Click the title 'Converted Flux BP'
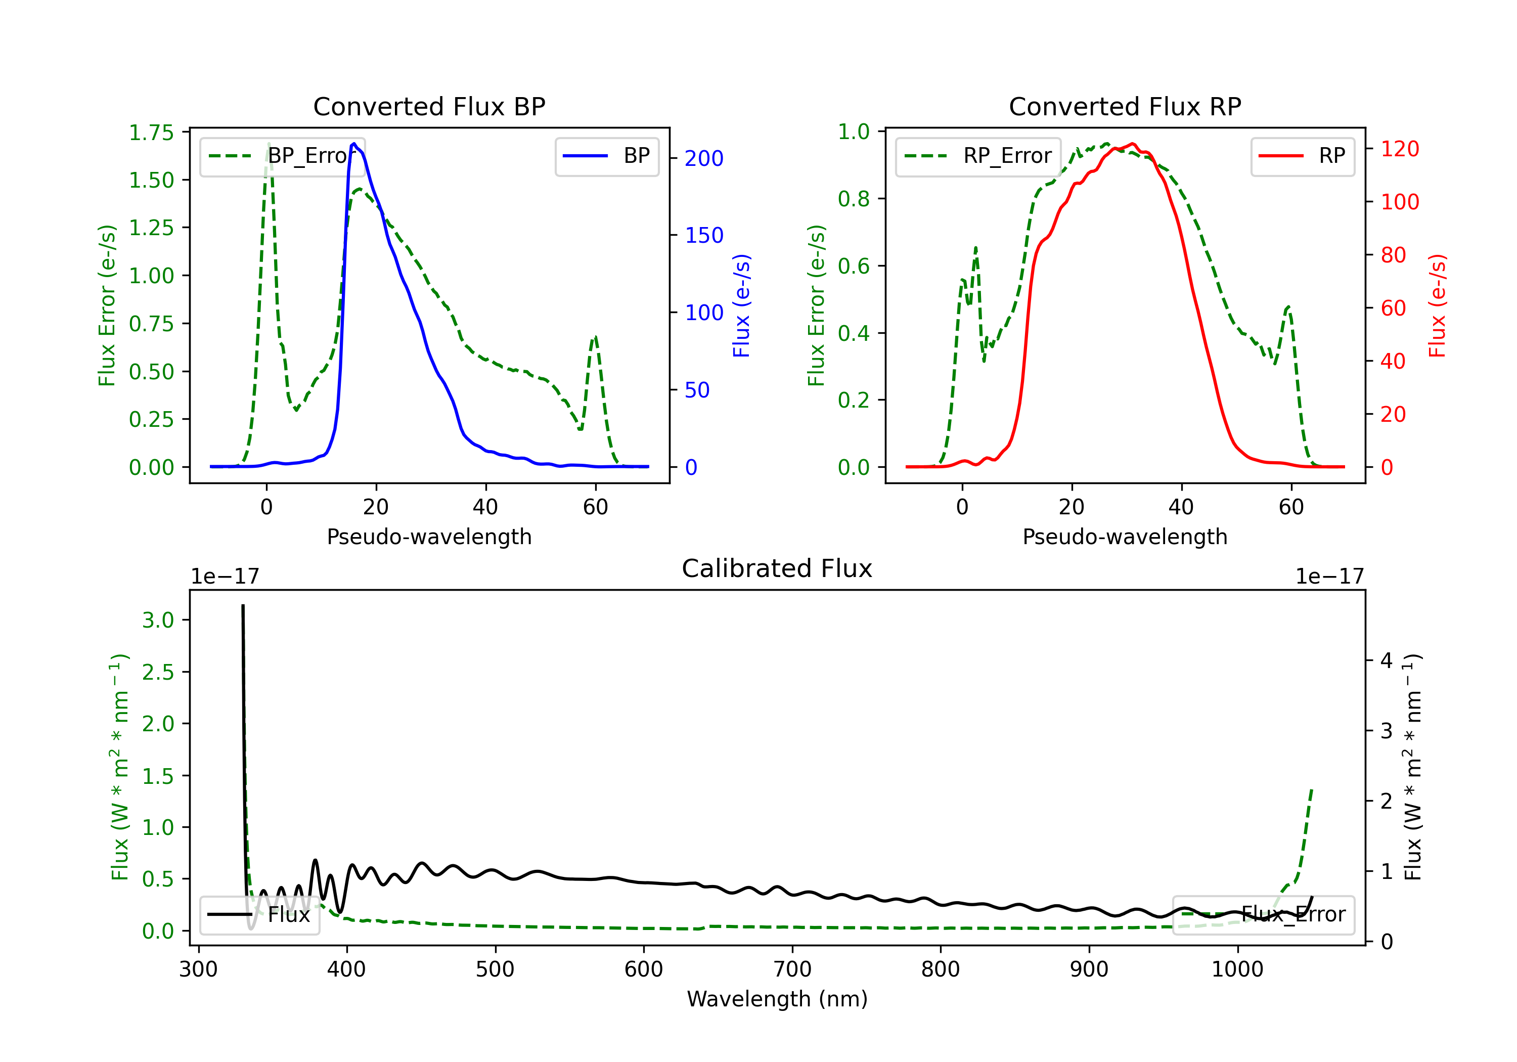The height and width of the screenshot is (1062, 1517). (429, 106)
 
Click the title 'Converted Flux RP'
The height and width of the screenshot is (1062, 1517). (1125, 106)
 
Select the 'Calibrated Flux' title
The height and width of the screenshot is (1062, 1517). (777, 568)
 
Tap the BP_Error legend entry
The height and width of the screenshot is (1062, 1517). (282, 156)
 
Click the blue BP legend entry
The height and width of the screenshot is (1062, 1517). (606, 156)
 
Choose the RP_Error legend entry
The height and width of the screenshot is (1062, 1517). (978, 156)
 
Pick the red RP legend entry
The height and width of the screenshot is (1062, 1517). (1302, 156)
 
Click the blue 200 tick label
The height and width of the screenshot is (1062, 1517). (704, 159)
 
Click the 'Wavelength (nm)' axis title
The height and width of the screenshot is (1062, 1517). (777, 999)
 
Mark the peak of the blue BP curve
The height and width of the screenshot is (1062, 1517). (354, 144)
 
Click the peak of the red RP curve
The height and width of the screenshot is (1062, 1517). (1133, 144)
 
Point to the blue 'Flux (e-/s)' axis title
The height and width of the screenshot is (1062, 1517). (741, 306)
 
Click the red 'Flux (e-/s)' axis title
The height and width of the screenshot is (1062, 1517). (1437, 306)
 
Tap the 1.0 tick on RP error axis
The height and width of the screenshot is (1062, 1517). (853, 131)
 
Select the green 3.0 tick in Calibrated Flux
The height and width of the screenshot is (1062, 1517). (158, 621)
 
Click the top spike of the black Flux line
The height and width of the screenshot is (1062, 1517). (243, 605)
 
